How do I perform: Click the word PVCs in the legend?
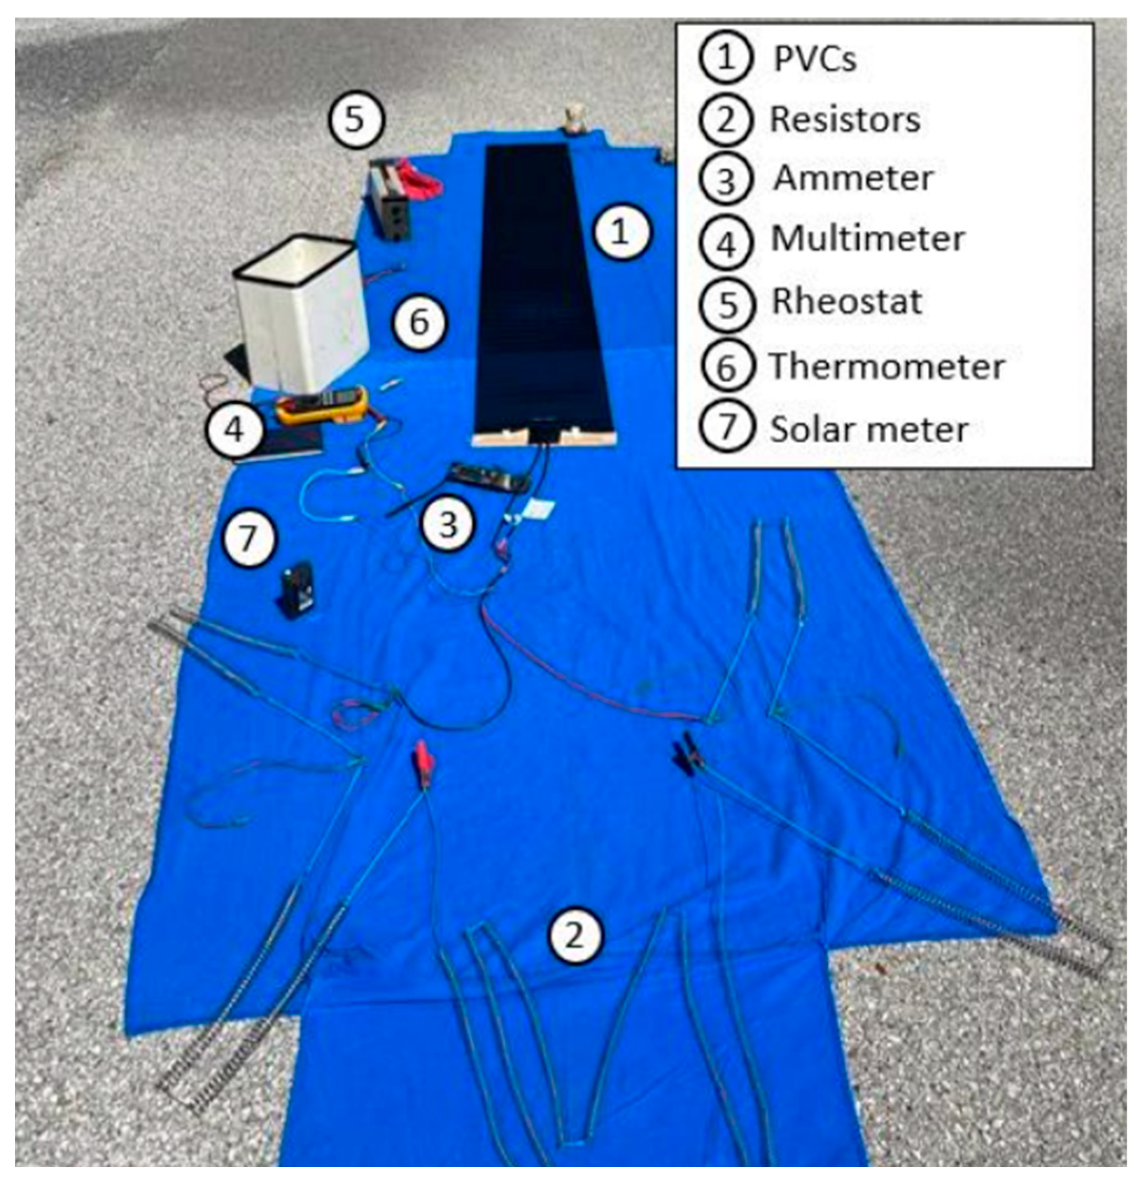(x=815, y=59)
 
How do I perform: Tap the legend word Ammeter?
(x=853, y=178)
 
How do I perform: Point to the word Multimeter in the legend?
(x=868, y=239)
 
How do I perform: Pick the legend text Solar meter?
(x=869, y=429)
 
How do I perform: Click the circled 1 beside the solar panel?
(x=621, y=232)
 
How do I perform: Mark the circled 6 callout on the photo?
(x=420, y=322)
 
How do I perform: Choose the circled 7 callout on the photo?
(x=249, y=538)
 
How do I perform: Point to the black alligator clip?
(x=688, y=753)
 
